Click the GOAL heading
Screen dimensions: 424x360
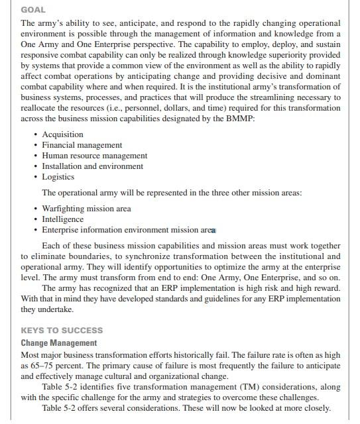tap(33, 10)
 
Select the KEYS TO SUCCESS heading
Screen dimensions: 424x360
tap(62, 330)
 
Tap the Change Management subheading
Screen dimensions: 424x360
tap(58, 343)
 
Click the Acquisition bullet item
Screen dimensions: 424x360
tap(62, 134)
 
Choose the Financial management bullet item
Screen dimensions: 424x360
tap(82, 145)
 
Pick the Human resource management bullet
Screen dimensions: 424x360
tap(94, 156)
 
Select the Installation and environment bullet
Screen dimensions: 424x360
tap(92, 166)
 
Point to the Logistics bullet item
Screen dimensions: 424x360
tap(58, 177)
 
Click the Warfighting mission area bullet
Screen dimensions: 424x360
tap(86, 209)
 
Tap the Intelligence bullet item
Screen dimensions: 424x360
tap(62, 219)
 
